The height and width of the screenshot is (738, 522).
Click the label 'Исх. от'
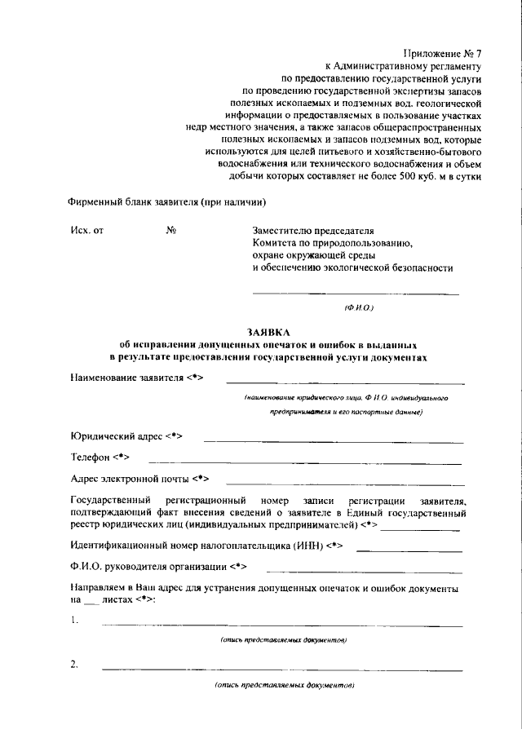[x=87, y=231]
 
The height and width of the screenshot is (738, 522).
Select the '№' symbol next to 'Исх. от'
[x=171, y=231]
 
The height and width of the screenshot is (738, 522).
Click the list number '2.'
[x=74, y=665]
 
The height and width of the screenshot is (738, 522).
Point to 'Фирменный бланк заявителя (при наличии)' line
[x=167, y=202]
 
